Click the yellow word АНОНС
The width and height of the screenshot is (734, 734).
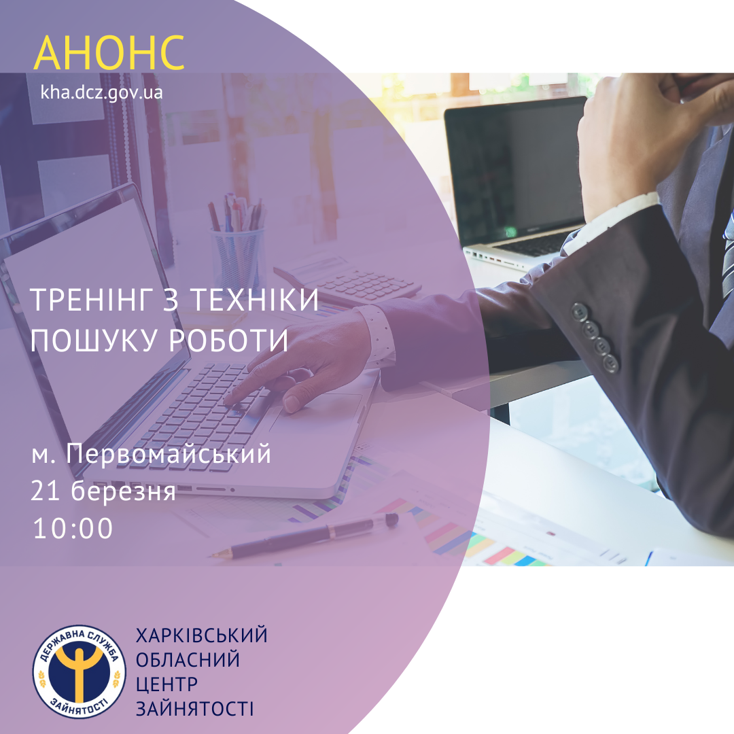point(109,52)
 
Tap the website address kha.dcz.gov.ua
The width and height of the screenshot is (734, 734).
point(101,92)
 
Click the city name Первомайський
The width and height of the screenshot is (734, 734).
point(169,454)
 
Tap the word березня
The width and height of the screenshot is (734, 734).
point(124,491)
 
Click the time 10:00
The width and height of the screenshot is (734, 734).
point(73,528)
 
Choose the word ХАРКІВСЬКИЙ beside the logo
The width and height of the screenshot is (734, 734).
point(202,635)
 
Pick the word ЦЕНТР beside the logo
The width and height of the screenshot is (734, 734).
point(167,684)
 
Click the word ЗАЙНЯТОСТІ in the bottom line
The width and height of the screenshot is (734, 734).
point(195,709)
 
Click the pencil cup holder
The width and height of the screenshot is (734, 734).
point(238,258)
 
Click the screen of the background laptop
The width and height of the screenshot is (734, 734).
point(516,169)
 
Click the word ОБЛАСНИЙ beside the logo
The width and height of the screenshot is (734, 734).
point(188,660)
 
